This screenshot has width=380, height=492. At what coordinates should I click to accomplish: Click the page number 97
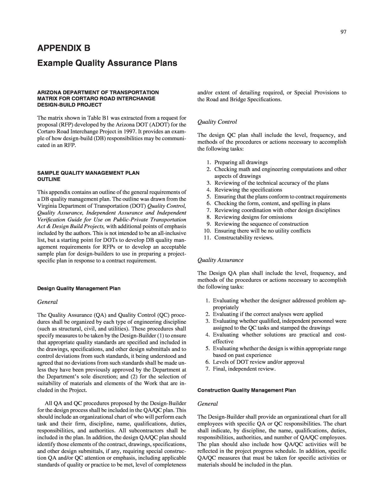click(343, 32)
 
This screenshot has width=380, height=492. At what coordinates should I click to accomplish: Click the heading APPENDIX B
click(64, 48)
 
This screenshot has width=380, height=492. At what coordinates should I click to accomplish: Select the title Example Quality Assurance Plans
click(107, 63)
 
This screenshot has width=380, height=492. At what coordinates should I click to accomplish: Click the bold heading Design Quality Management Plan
click(79, 288)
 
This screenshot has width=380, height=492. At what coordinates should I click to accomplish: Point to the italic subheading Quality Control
click(217, 122)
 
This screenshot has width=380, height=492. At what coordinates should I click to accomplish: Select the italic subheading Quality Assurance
click(220, 260)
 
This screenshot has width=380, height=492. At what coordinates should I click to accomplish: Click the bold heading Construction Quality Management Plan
click(246, 390)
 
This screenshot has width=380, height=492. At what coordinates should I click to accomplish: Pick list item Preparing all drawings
click(241, 162)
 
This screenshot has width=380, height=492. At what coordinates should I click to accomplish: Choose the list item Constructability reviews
click(244, 237)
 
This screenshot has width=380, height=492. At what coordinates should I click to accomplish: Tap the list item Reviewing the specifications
click(248, 190)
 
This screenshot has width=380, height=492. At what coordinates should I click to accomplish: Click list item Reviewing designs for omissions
click(253, 217)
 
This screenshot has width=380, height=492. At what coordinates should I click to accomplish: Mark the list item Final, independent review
click(244, 369)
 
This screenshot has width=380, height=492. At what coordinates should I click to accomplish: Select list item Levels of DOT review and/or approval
click(258, 362)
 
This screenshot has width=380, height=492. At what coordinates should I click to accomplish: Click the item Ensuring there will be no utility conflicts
click(262, 230)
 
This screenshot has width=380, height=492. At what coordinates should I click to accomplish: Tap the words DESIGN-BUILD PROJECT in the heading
click(69, 105)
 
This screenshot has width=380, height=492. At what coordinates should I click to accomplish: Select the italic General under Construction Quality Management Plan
click(208, 404)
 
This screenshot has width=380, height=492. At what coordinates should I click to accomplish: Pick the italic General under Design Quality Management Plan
click(47, 302)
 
